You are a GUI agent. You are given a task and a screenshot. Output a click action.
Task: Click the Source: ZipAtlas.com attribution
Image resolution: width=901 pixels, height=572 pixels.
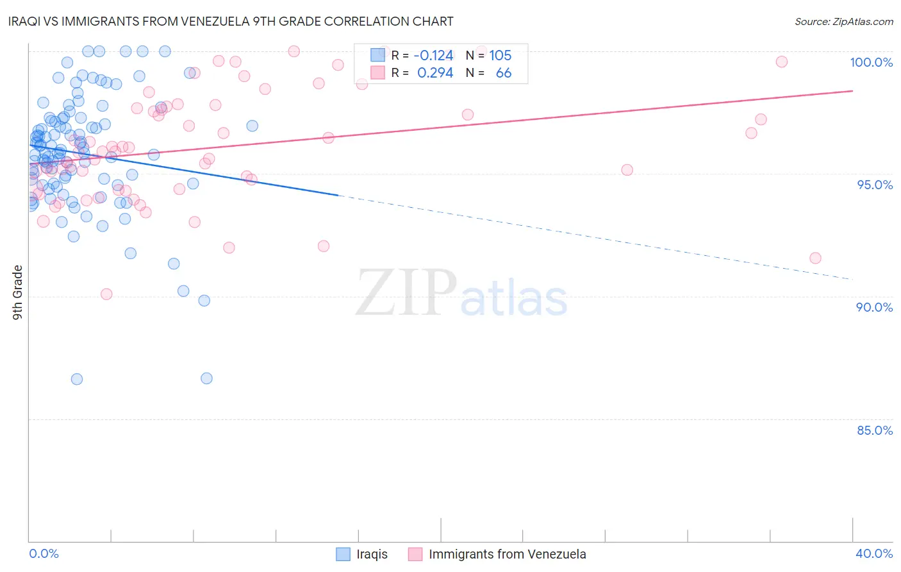843,21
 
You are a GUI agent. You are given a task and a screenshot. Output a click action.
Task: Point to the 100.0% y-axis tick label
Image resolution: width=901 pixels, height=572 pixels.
871,62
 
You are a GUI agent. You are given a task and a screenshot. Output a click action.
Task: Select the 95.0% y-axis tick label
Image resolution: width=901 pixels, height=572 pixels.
874,185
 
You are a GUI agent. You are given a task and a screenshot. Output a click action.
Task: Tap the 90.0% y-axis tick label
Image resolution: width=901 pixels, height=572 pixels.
874,307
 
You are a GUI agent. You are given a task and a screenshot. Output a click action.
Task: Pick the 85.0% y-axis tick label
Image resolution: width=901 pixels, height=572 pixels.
874,430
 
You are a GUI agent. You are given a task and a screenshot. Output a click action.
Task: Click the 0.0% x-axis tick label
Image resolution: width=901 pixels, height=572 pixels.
44,553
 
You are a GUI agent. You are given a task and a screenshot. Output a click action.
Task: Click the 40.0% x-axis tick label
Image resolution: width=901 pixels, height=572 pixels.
873,553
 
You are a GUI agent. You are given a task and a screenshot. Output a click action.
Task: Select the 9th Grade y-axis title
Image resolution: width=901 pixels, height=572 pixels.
17,292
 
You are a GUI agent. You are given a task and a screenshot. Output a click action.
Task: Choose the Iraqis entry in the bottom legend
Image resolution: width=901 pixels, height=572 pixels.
372,554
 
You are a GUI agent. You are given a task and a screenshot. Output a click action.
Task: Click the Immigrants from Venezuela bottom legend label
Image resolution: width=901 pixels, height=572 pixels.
507,554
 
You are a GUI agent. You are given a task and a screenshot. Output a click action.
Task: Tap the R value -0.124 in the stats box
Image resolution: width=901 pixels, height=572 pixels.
433,56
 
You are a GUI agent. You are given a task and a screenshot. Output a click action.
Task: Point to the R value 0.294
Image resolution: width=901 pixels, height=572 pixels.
434,73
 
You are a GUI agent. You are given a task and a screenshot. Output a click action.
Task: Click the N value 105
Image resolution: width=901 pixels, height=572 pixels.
500,56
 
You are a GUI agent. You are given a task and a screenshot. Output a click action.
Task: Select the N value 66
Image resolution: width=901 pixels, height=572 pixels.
504,73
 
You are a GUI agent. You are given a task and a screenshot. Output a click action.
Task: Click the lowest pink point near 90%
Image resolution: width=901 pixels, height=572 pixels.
106,294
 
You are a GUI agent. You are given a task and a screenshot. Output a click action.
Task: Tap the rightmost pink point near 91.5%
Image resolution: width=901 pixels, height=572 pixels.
815,258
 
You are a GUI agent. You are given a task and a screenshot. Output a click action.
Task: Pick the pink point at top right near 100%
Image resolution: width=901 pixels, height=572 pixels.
781,62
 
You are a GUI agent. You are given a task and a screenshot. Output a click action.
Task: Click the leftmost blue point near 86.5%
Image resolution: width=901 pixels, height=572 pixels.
77,379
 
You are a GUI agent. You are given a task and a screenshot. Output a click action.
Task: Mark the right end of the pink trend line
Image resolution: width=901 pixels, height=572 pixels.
852,91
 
